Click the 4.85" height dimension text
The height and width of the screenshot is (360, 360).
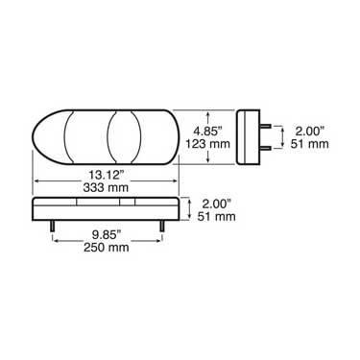[x=209, y=127]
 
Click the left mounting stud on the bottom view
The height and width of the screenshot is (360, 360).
[x=51, y=227]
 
